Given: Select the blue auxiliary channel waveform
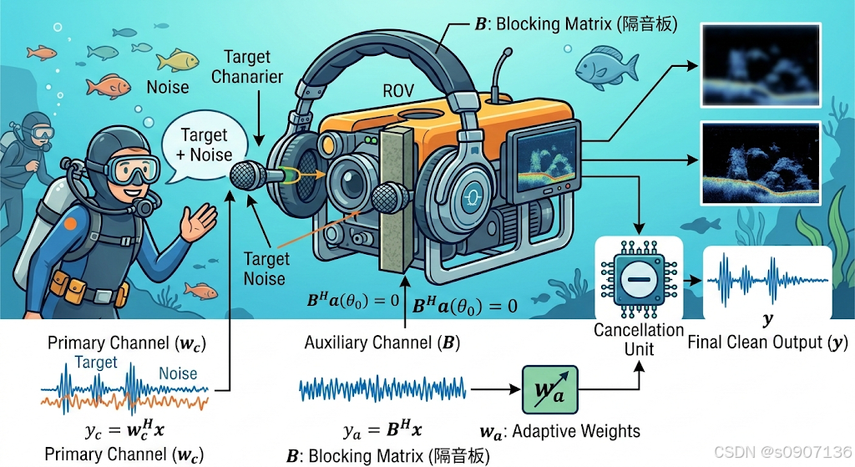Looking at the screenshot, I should pos(381,389).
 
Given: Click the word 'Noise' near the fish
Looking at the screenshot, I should pos(168,87).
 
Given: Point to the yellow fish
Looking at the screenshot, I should pos(178,60).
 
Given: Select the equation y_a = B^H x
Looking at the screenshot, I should pos(382,431).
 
